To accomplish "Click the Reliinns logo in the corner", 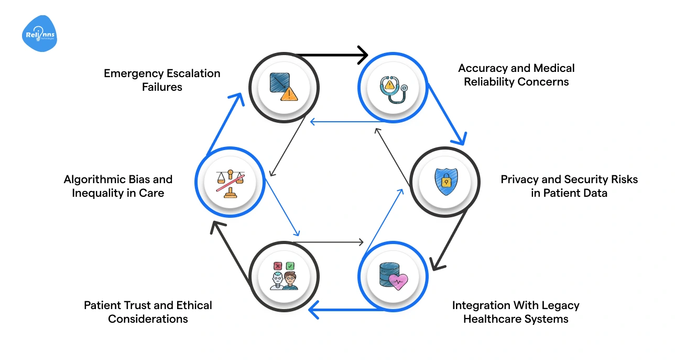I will (40, 34).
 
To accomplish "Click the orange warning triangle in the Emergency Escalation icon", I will (289, 94).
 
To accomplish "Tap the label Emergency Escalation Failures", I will (162, 80).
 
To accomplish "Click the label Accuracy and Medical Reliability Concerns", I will (516, 75).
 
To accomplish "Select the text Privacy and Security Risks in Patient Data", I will (569, 186).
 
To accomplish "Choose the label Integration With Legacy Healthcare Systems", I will (516, 312).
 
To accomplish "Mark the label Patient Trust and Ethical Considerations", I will (148, 312).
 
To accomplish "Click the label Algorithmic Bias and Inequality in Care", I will (118, 186).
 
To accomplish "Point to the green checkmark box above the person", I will (290, 266).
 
